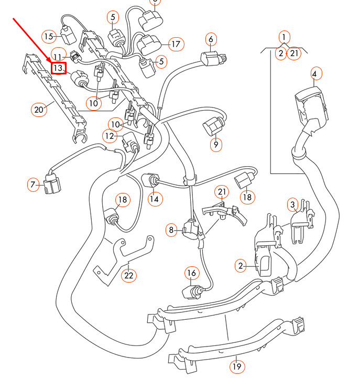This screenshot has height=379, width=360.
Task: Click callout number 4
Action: click(314, 74)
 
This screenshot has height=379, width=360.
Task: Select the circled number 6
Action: click(211, 39)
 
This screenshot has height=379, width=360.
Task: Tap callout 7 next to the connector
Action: click(34, 185)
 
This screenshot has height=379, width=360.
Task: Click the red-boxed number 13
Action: click(58, 68)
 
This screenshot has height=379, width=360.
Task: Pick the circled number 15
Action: click(49, 36)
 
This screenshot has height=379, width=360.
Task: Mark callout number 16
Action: click(192, 273)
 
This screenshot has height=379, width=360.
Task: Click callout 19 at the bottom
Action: click(237, 367)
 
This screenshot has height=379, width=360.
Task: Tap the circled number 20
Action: click(38, 110)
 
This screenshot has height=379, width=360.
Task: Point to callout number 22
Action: click(129, 275)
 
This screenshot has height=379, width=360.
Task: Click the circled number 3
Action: click(293, 204)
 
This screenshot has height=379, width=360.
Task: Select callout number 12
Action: click(109, 136)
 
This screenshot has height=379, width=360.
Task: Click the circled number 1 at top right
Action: click(283, 37)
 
